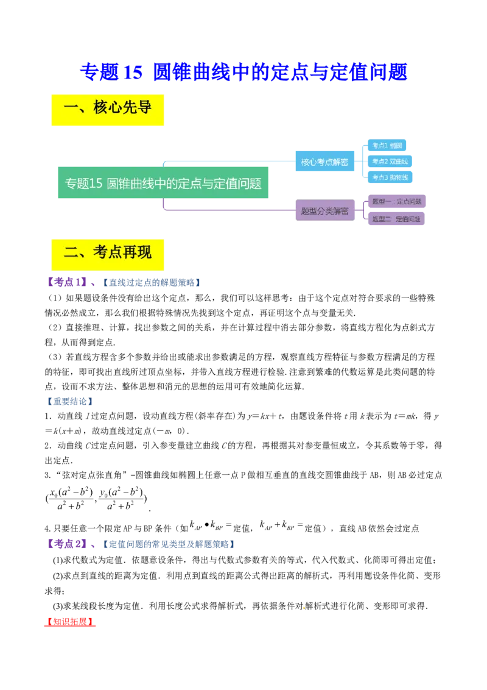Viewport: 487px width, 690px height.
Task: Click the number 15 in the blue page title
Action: [x=132, y=72]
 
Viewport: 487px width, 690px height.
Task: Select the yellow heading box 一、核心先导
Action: [x=107, y=110]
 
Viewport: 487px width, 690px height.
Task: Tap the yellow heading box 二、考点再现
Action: [x=107, y=255]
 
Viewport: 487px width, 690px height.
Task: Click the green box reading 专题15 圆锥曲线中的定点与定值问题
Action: [x=163, y=183]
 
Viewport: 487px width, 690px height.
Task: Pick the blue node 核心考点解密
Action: [x=324, y=162]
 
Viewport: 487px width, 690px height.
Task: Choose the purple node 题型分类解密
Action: [x=324, y=211]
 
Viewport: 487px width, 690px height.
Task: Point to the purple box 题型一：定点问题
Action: [x=396, y=201]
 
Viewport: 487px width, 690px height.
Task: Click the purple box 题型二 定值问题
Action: [x=396, y=219]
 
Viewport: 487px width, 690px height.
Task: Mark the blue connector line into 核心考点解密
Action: [x=231, y=161]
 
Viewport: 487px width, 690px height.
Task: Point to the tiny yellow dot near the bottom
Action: [x=303, y=607]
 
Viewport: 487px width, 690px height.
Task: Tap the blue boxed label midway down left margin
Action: [x=69, y=402]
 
